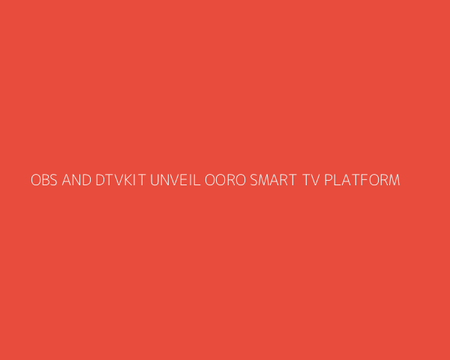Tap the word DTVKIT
click(121, 180)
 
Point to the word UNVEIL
click(175, 180)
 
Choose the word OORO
click(225, 180)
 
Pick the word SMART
click(273, 180)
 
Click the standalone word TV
click(310, 180)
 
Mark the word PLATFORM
click(362, 180)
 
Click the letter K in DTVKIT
click(128, 180)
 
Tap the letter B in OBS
click(46, 180)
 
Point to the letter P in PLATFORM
click(328, 180)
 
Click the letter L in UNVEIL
click(197, 180)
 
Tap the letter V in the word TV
click(315, 180)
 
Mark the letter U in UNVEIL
click(154, 180)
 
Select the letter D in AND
click(87, 180)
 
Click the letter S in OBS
click(54, 180)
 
